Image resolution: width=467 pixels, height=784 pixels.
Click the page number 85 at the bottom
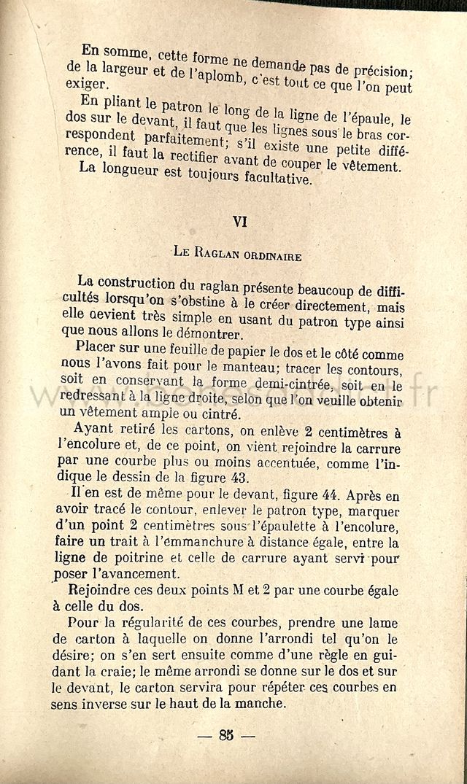(225, 735)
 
